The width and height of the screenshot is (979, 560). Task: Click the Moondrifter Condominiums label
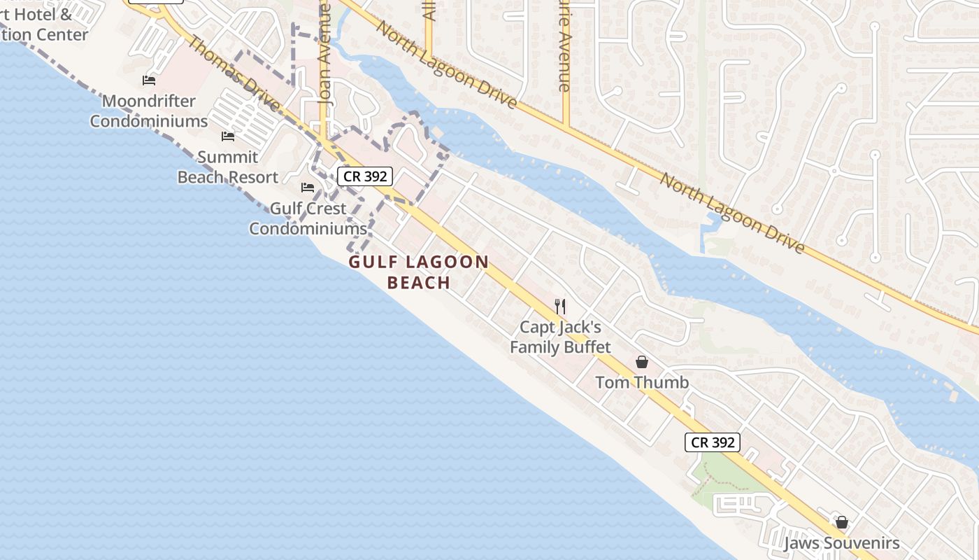click(148, 111)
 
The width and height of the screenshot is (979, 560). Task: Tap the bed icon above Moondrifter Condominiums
click(149, 80)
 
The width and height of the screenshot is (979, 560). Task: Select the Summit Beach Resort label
click(227, 167)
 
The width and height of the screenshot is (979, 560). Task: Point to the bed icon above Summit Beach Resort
click(228, 136)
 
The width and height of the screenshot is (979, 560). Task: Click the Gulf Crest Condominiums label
click(308, 218)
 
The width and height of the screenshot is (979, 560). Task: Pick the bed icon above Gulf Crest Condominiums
click(308, 187)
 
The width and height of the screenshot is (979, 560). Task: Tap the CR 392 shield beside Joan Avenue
click(365, 176)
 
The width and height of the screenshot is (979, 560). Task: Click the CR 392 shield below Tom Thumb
click(712, 442)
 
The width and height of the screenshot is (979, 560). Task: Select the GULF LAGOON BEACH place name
click(419, 272)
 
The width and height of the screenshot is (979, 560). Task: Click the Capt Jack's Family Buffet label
click(560, 337)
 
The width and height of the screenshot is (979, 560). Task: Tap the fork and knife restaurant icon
click(559, 306)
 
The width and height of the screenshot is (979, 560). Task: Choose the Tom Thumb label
click(642, 382)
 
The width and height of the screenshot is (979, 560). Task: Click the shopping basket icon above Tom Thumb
click(642, 362)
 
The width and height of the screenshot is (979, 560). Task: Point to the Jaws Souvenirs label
click(841, 543)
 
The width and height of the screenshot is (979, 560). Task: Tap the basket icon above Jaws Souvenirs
click(842, 522)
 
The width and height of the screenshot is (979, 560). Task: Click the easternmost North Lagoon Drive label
click(732, 213)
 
